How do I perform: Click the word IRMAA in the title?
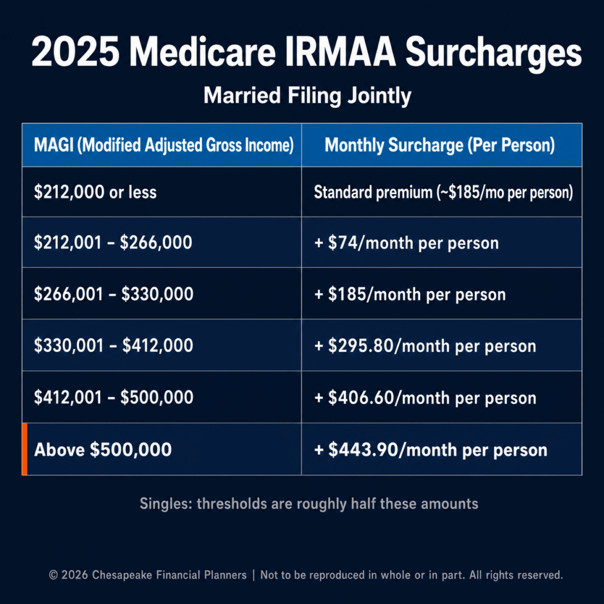click(x=340, y=52)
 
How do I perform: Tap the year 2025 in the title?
click(x=75, y=52)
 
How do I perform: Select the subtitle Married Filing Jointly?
click(x=307, y=96)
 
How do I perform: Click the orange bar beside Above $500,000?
click(x=25, y=449)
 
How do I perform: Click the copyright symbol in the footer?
click(x=53, y=576)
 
